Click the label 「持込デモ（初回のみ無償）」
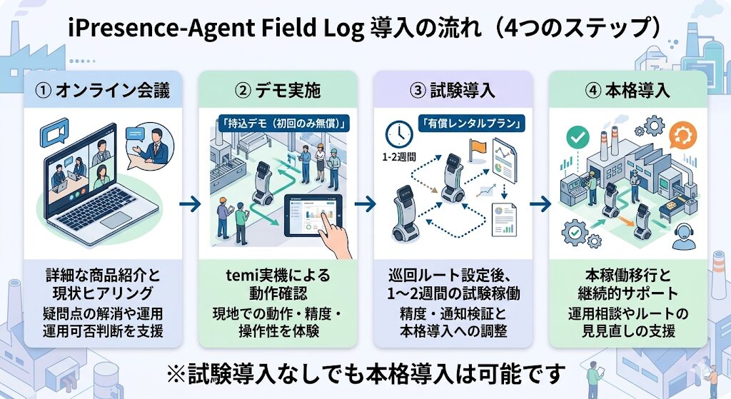(x=281, y=123)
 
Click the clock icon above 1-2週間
(x=398, y=133)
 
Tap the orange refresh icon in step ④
(x=684, y=133)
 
